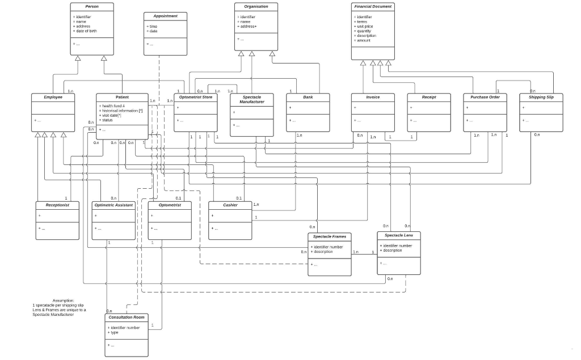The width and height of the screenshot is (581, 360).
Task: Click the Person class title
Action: (92, 6)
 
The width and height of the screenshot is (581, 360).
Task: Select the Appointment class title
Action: (165, 16)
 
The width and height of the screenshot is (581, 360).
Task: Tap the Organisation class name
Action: (256, 6)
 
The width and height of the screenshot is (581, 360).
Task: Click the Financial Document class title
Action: (372, 6)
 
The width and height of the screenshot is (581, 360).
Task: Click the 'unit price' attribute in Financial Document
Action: (365, 27)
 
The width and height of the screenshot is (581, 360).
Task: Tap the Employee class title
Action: (53, 97)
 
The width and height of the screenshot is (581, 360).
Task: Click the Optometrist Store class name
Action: (195, 97)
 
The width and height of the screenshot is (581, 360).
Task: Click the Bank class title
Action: (308, 97)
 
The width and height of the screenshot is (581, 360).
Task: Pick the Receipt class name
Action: (429, 97)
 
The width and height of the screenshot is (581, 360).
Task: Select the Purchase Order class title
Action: (485, 97)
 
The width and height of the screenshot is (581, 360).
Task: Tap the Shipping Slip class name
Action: (541, 97)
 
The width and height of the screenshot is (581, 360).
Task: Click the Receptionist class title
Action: (57, 205)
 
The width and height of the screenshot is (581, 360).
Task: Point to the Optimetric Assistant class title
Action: (113, 205)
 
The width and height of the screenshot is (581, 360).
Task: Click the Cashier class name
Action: (230, 205)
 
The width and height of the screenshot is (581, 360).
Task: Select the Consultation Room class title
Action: (127, 317)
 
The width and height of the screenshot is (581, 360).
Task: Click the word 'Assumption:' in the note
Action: (63, 300)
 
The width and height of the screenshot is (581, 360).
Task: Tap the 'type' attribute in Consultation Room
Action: (115, 332)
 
